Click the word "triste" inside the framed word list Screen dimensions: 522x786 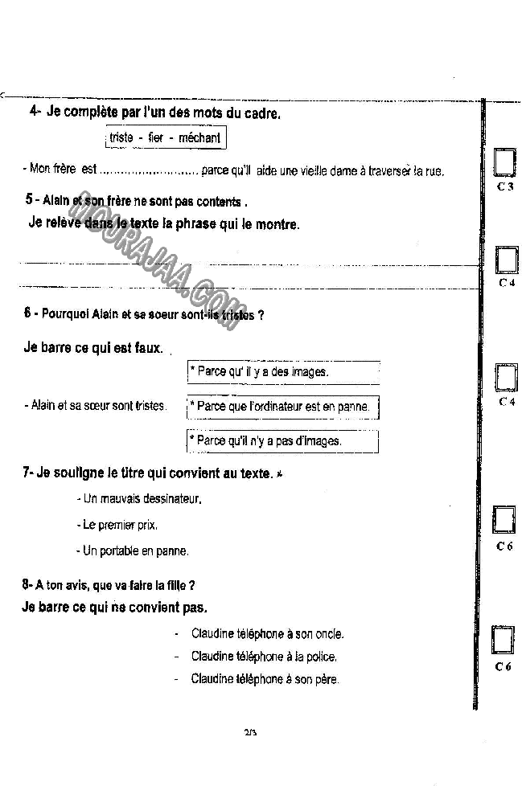pyautogui.click(x=121, y=137)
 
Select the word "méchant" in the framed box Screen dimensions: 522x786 pyautogui.click(x=199, y=137)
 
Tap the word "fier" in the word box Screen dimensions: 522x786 pyautogui.click(x=156, y=137)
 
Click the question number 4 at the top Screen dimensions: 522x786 pyautogui.click(x=34, y=113)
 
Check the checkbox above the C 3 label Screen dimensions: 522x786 pyautogui.click(x=505, y=162)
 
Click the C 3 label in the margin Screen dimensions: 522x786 pyautogui.click(x=505, y=186)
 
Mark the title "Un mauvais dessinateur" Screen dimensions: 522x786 pyautogui.click(x=142, y=499)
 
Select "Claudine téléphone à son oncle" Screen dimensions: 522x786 pyautogui.click(x=267, y=634)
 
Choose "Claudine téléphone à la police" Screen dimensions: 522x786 pyautogui.click(x=264, y=657)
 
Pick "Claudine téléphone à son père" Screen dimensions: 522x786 pyautogui.click(x=265, y=679)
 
